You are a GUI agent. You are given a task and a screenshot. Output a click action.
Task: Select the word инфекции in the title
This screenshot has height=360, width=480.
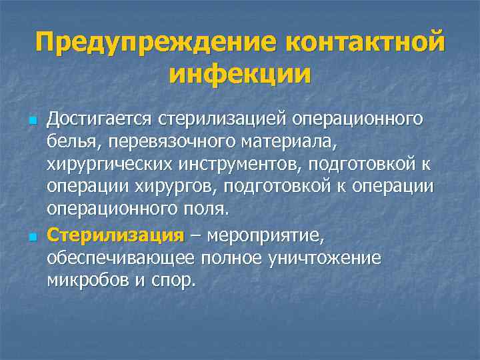pos(240,73)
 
